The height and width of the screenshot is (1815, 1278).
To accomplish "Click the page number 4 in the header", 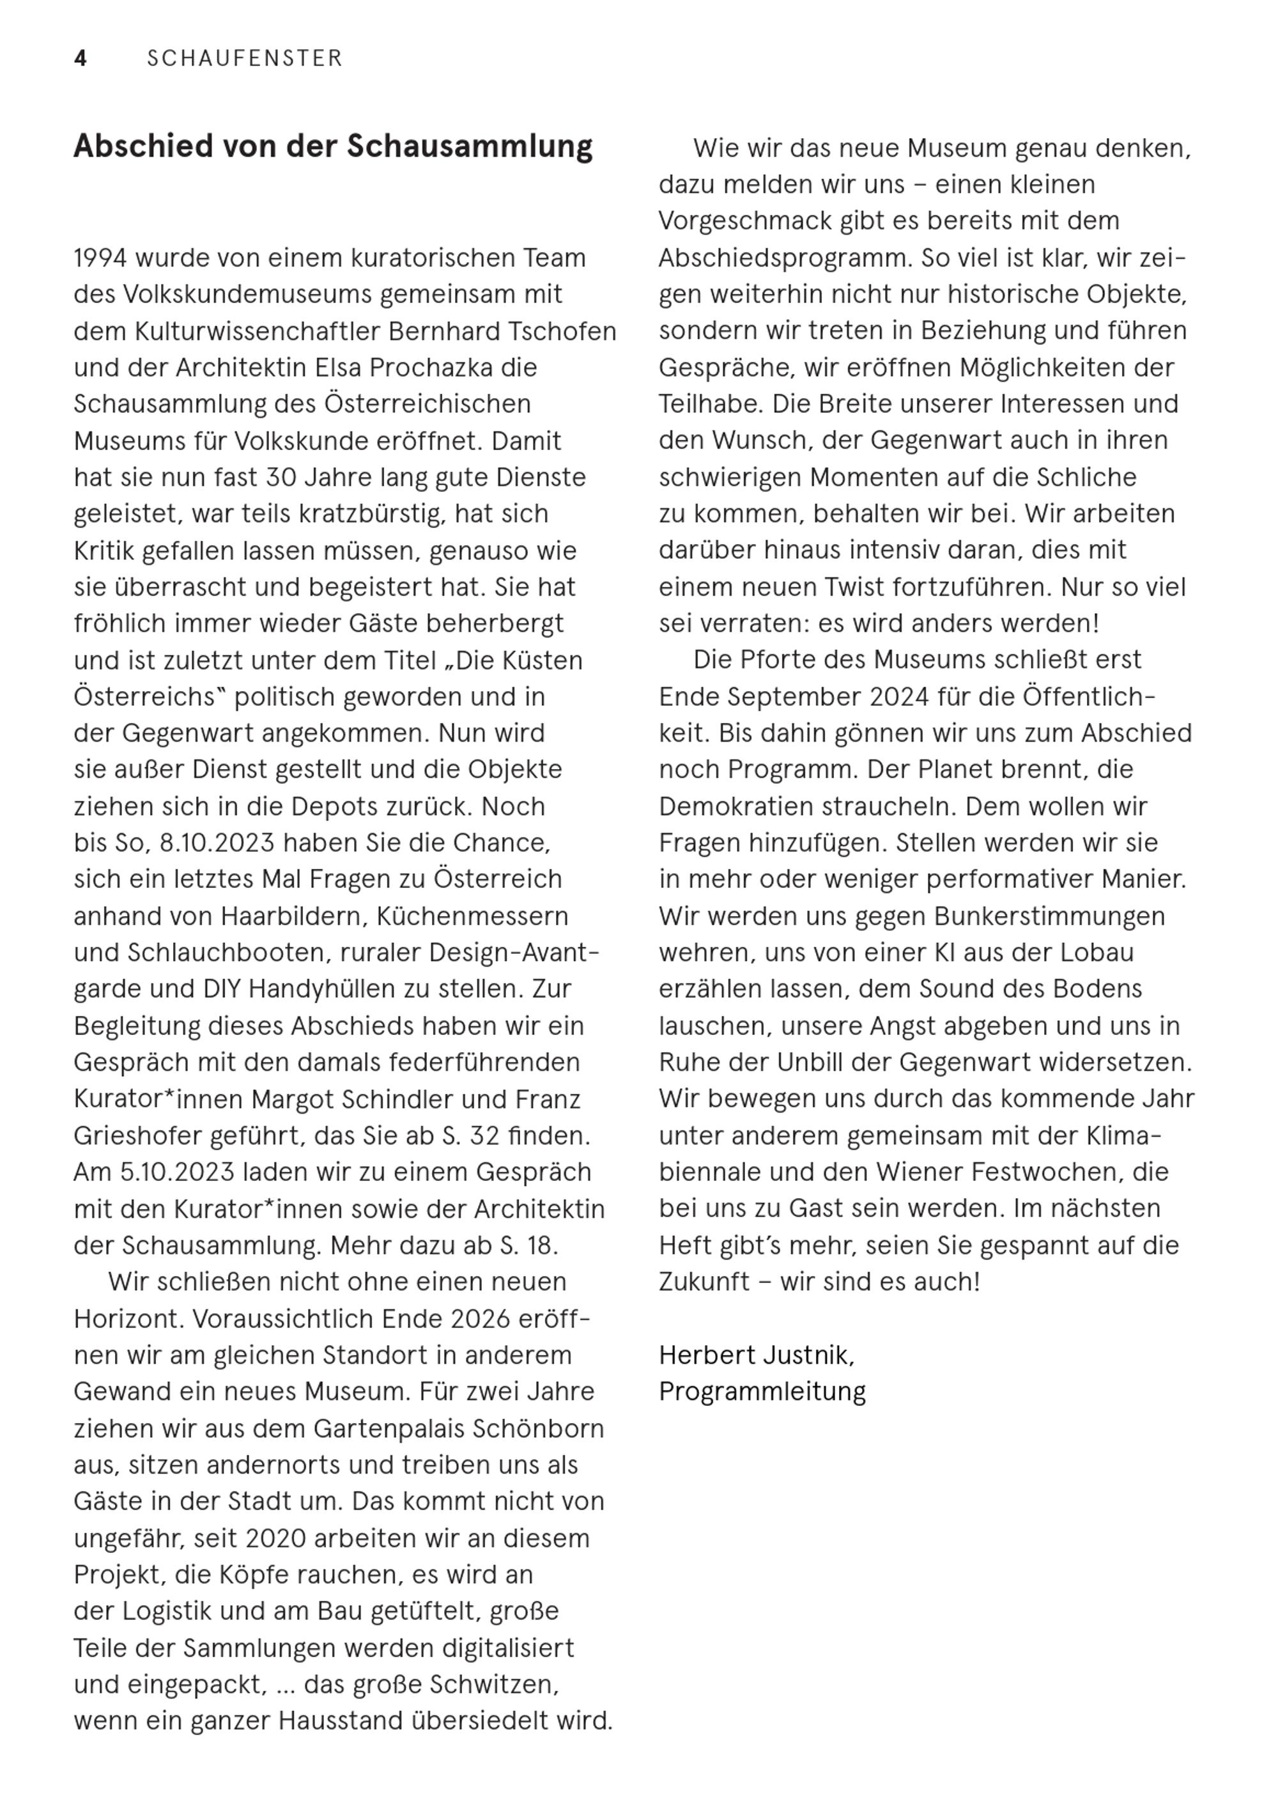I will pos(80,59).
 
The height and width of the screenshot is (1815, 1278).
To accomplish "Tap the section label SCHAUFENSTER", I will pos(245,59).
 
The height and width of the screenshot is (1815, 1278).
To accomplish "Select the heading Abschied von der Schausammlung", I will pos(333,147).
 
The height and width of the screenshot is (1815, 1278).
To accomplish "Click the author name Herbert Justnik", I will pos(757,1356).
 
